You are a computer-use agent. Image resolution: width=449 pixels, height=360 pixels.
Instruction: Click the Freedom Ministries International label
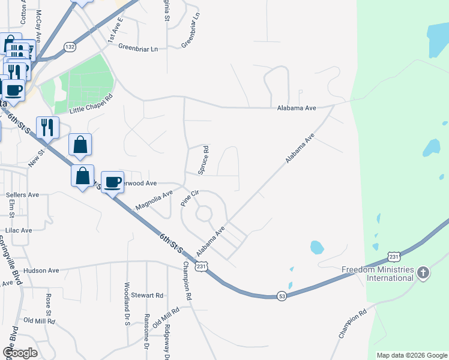378,274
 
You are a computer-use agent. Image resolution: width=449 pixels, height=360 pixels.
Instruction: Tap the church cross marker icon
423,274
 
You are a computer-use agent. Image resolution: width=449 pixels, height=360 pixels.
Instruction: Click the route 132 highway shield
70,47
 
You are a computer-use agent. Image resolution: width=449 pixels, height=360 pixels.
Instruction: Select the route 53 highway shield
282,296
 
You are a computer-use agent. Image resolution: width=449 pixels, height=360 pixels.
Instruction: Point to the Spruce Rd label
204,159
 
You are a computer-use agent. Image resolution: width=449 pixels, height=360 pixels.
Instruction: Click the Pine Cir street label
190,199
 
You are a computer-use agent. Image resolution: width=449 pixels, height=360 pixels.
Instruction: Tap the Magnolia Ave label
154,199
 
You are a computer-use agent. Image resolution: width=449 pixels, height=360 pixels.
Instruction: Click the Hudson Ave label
41,271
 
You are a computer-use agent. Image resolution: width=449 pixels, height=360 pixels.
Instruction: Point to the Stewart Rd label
148,295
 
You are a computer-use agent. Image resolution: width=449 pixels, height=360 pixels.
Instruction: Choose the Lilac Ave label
19,230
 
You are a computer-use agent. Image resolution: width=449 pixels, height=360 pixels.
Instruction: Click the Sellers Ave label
22,195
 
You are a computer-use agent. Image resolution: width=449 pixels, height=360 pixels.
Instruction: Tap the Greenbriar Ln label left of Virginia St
137,49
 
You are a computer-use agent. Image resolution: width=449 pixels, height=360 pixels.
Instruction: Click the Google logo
20,353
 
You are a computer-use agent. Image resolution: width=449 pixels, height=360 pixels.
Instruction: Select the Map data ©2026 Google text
411,355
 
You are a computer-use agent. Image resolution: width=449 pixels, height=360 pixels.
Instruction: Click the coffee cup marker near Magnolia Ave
113,182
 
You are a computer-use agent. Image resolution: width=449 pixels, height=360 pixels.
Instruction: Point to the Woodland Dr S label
127,304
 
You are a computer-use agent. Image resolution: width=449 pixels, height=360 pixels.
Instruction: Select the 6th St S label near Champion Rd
171,247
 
